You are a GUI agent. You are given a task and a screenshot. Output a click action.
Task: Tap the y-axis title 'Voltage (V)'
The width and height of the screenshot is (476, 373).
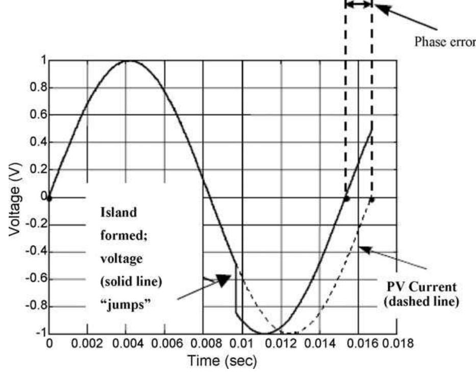point(15,197)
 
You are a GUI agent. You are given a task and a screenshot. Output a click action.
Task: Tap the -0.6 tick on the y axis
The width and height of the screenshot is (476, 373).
point(33,279)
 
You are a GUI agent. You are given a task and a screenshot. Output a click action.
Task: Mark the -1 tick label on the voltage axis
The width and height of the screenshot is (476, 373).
point(37,334)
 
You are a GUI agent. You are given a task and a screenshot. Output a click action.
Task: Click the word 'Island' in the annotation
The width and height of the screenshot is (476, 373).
point(115,212)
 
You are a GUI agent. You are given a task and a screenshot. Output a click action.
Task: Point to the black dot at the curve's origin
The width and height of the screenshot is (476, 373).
point(49,198)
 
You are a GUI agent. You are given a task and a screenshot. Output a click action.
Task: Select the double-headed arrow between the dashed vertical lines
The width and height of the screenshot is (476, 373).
point(359,5)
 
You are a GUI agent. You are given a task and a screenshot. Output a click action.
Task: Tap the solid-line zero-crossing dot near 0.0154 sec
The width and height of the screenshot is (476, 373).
point(346,198)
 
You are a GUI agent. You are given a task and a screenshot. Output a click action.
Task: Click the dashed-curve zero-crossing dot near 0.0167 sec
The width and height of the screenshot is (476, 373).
point(372,199)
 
